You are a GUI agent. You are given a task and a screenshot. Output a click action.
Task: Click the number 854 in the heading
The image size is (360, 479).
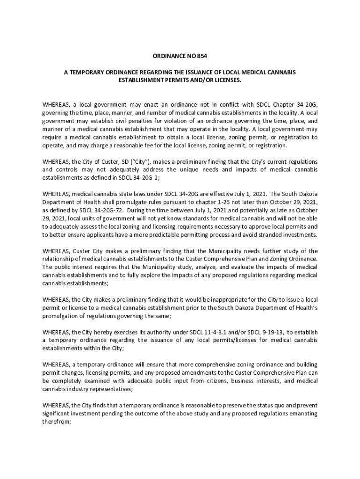click(201, 56)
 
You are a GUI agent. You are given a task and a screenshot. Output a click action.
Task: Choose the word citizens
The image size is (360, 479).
click(201, 381)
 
